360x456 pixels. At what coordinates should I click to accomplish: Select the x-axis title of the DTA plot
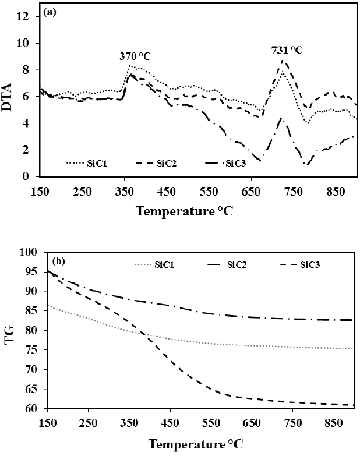point(192,210)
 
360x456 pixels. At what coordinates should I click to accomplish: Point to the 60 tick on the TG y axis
point(32,409)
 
